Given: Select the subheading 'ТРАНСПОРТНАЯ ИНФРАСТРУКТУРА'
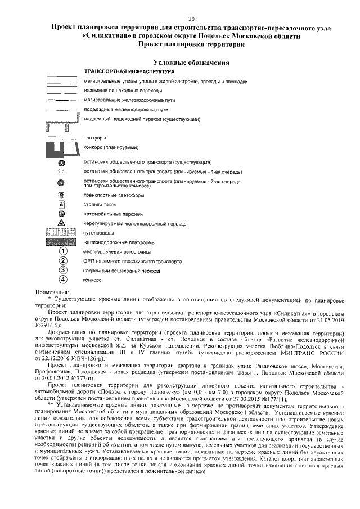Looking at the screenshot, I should tap(129, 72).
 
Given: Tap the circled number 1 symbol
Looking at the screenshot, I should tap(63, 251).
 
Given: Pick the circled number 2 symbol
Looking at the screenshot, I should tap(63, 260).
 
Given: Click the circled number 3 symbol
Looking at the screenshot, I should tap(63, 269).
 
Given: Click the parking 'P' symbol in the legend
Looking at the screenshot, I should tap(63, 214).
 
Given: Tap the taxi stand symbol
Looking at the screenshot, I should tap(63, 205).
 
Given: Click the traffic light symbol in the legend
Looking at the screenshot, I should tap(63, 195).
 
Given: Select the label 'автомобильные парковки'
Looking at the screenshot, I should tap(112, 214).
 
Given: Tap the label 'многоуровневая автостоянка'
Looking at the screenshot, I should tap(117, 252).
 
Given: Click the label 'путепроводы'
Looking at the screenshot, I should tap(99, 233).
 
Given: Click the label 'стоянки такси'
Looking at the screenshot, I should tap(102, 205).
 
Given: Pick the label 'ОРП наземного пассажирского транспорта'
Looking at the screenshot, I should tap(132, 261).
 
